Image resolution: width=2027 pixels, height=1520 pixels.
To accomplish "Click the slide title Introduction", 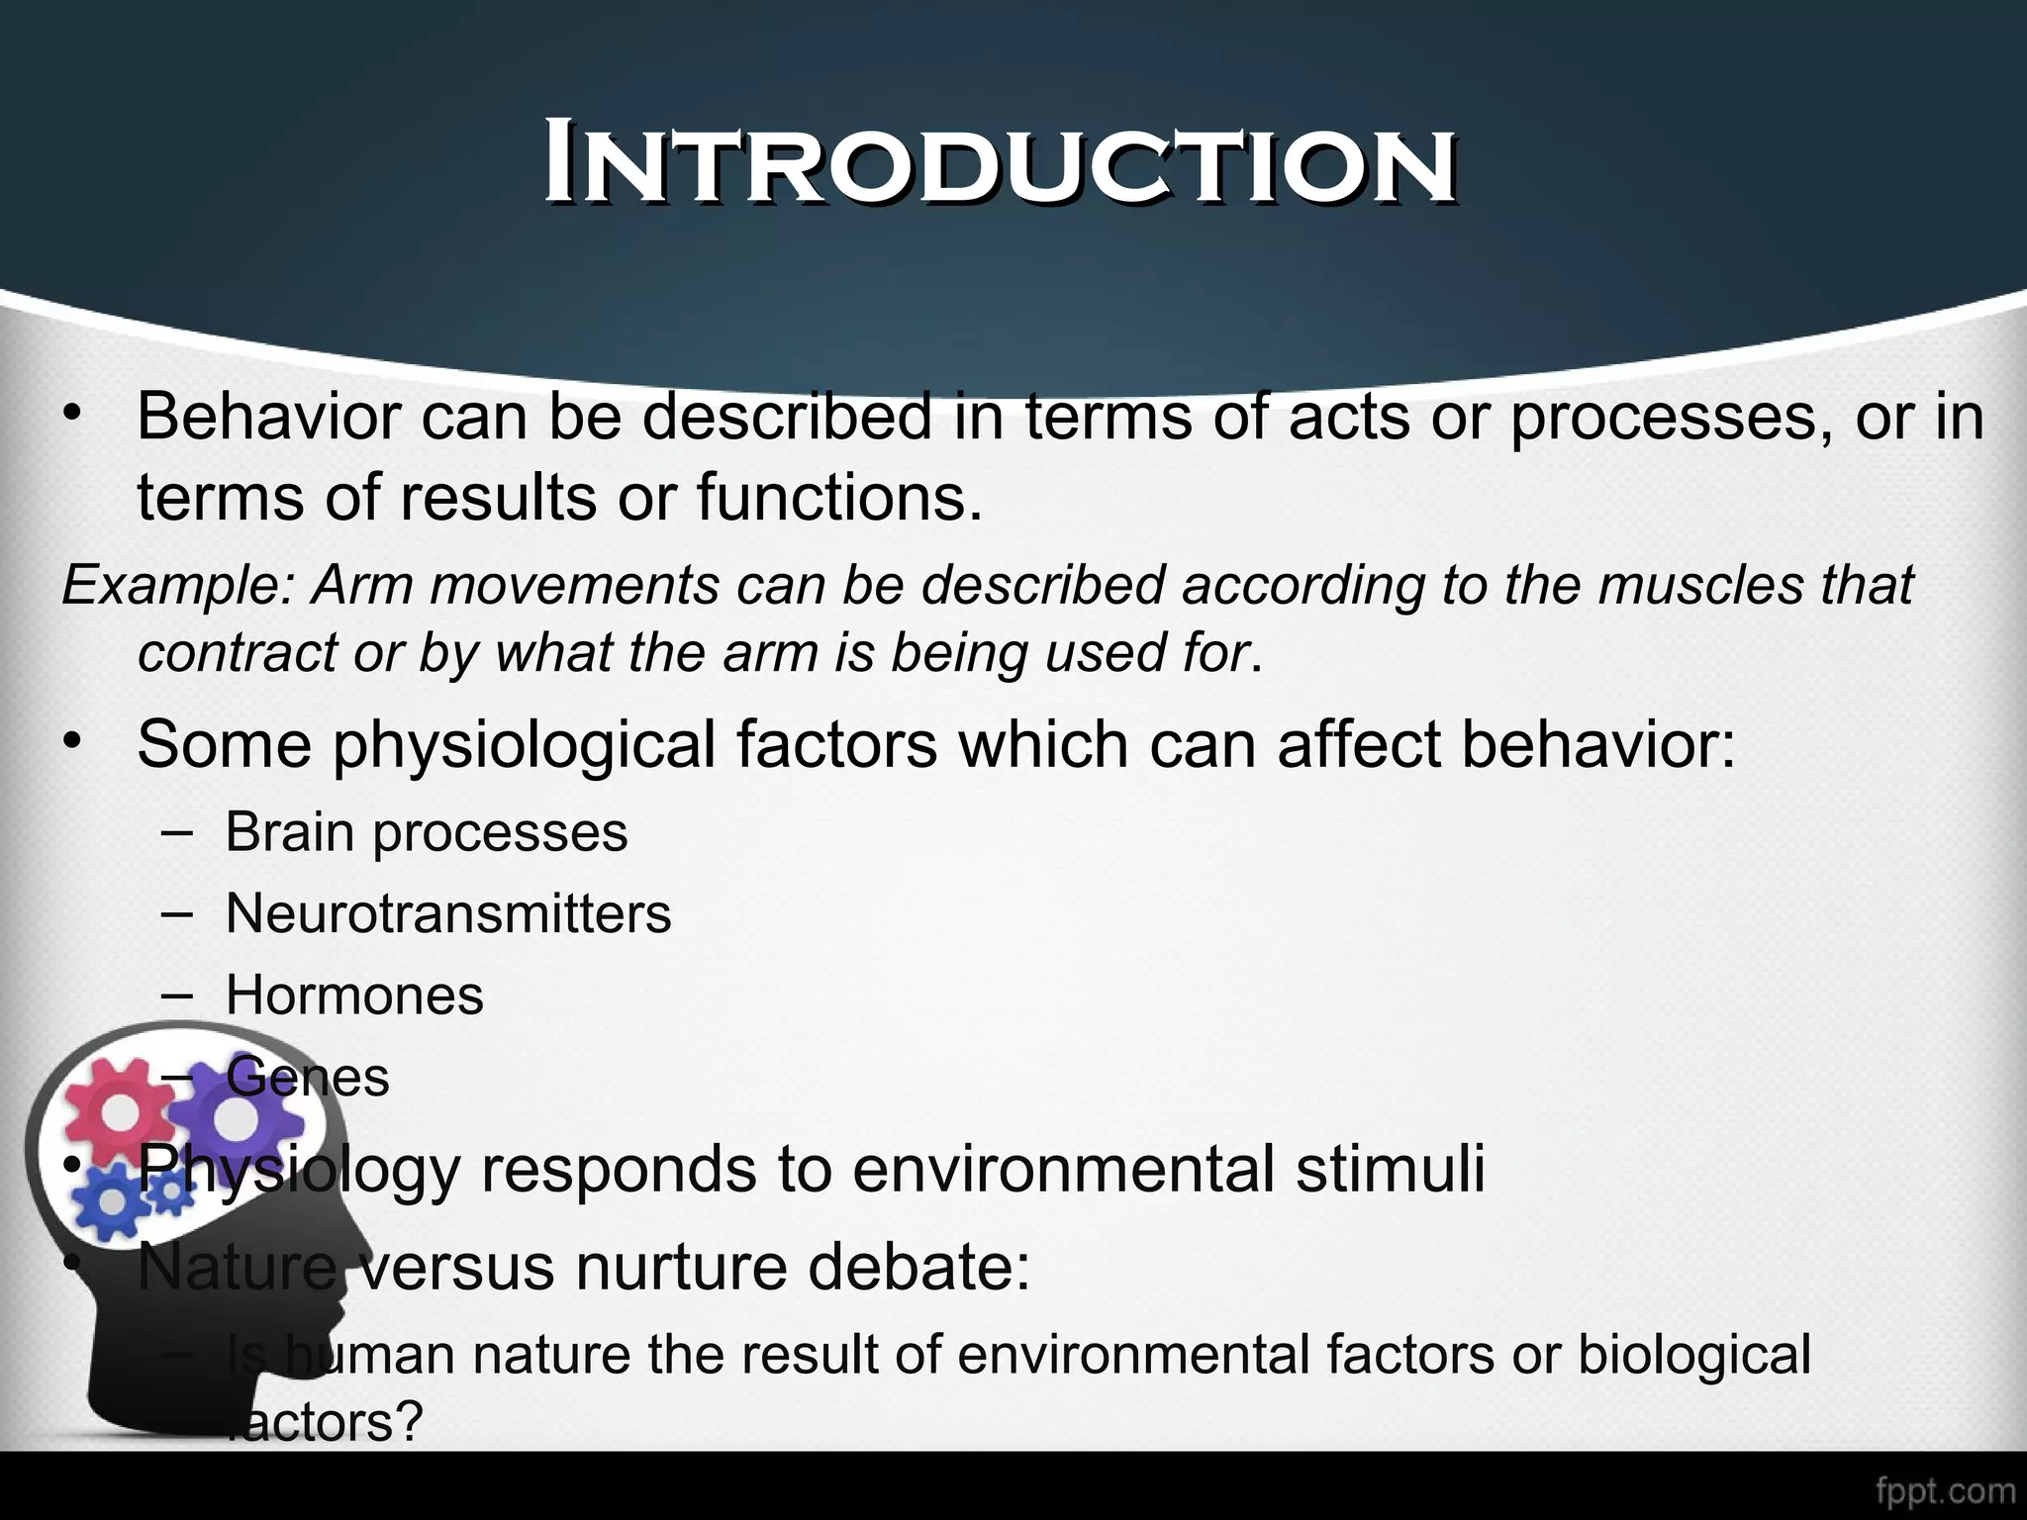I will click(1000, 164).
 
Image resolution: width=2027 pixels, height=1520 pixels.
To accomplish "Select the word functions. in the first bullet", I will click(840, 496).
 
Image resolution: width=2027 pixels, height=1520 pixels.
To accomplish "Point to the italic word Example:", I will click(173, 586).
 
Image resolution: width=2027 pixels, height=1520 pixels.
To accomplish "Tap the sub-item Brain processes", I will click(426, 832).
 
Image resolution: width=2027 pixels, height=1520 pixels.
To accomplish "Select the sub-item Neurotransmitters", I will click(447, 913).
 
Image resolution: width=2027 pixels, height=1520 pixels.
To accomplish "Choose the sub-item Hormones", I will click(354, 995).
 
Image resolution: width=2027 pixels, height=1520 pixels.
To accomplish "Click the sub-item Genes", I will click(308, 1077).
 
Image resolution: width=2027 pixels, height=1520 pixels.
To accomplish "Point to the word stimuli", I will click(1390, 1169).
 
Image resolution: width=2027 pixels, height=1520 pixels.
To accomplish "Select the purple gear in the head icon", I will click(236, 1118).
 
